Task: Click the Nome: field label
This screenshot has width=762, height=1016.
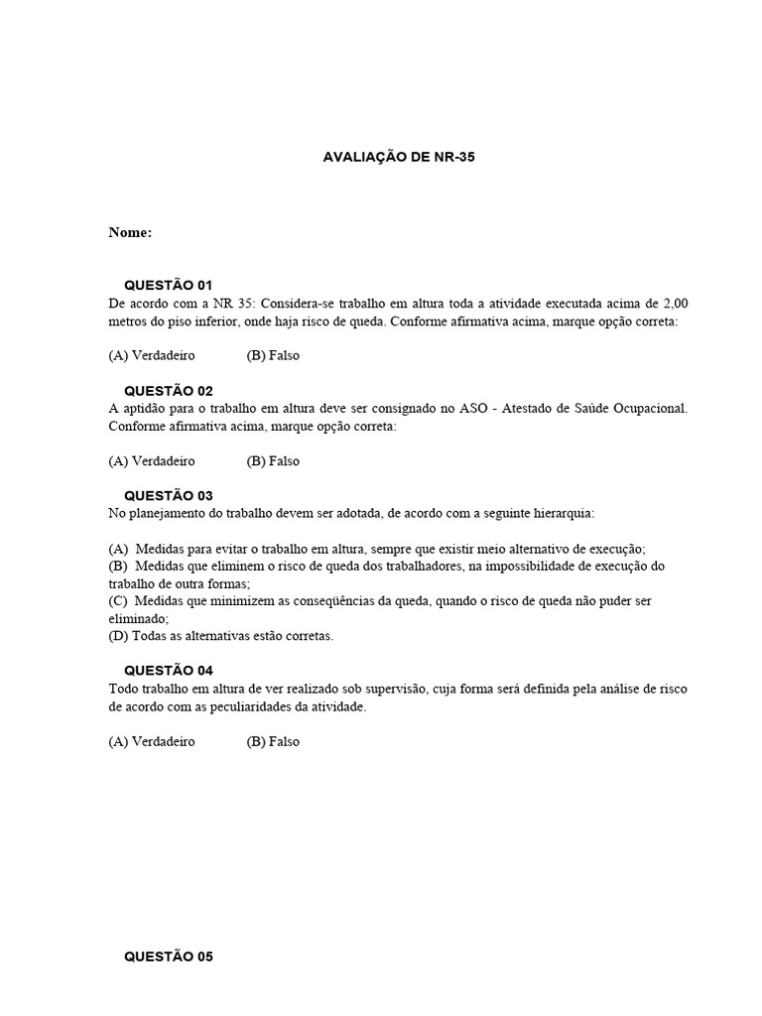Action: tap(130, 232)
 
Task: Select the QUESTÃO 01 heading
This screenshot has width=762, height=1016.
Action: tap(168, 285)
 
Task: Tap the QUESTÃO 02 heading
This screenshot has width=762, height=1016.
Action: tap(168, 391)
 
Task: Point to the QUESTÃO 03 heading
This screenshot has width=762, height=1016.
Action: tap(168, 495)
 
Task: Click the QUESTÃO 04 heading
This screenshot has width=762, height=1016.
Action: tap(168, 671)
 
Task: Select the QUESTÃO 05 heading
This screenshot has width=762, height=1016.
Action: tap(168, 957)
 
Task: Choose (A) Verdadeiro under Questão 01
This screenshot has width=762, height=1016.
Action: tap(152, 355)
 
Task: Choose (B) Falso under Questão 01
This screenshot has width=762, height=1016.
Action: tap(273, 355)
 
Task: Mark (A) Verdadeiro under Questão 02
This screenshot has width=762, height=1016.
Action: tap(152, 460)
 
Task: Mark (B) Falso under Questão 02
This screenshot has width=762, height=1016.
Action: tap(273, 460)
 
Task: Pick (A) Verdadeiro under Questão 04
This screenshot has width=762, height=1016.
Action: tap(152, 741)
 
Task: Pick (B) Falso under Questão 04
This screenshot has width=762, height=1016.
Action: tap(273, 741)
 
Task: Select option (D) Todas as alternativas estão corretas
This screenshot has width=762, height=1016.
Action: tap(221, 636)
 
